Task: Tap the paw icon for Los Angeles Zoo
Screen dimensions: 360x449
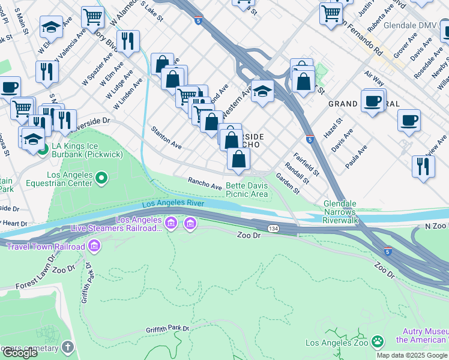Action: coord(378,343)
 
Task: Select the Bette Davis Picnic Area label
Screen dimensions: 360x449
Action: coord(247,190)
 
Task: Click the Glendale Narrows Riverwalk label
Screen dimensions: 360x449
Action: coord(340,212)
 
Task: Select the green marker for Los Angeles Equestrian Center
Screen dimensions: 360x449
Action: coord(101,178)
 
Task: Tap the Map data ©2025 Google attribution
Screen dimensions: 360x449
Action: coord(412,355)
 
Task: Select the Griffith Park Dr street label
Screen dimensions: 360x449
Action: coord(167,329)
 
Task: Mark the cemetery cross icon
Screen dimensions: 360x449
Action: coord(68,347)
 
